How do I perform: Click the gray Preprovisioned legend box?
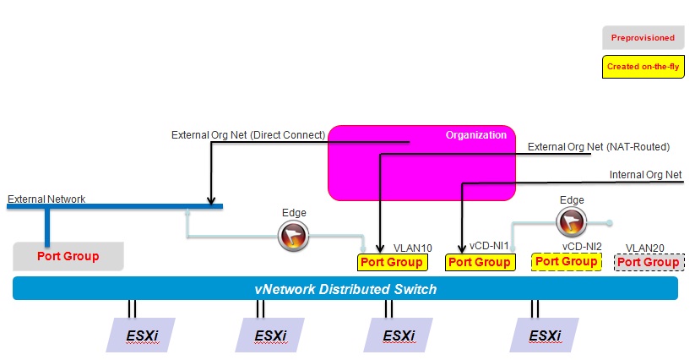tap(642, 37)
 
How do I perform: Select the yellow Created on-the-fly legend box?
tap(642, 66)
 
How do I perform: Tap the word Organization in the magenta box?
tap(475, 134)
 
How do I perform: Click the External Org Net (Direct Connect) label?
tap(248, 134)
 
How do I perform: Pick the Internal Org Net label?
tap(644, 176)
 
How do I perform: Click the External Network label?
tap(46, 199)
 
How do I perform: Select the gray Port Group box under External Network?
tap(68, 256)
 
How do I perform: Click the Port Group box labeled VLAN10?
tap(391, 262)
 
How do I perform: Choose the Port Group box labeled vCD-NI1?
tap(479, 262)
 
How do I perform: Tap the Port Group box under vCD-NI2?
tap(567, 261)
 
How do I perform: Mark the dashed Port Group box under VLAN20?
tap(649, 262)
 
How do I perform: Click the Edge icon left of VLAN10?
tap(293, 237)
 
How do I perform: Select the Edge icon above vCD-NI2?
tap(572, 221)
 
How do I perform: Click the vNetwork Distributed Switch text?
tap(345, 289)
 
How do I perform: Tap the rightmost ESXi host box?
tap(545, 335)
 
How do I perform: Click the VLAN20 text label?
tap(646, 248)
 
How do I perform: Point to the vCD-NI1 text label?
tap(489, 248)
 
